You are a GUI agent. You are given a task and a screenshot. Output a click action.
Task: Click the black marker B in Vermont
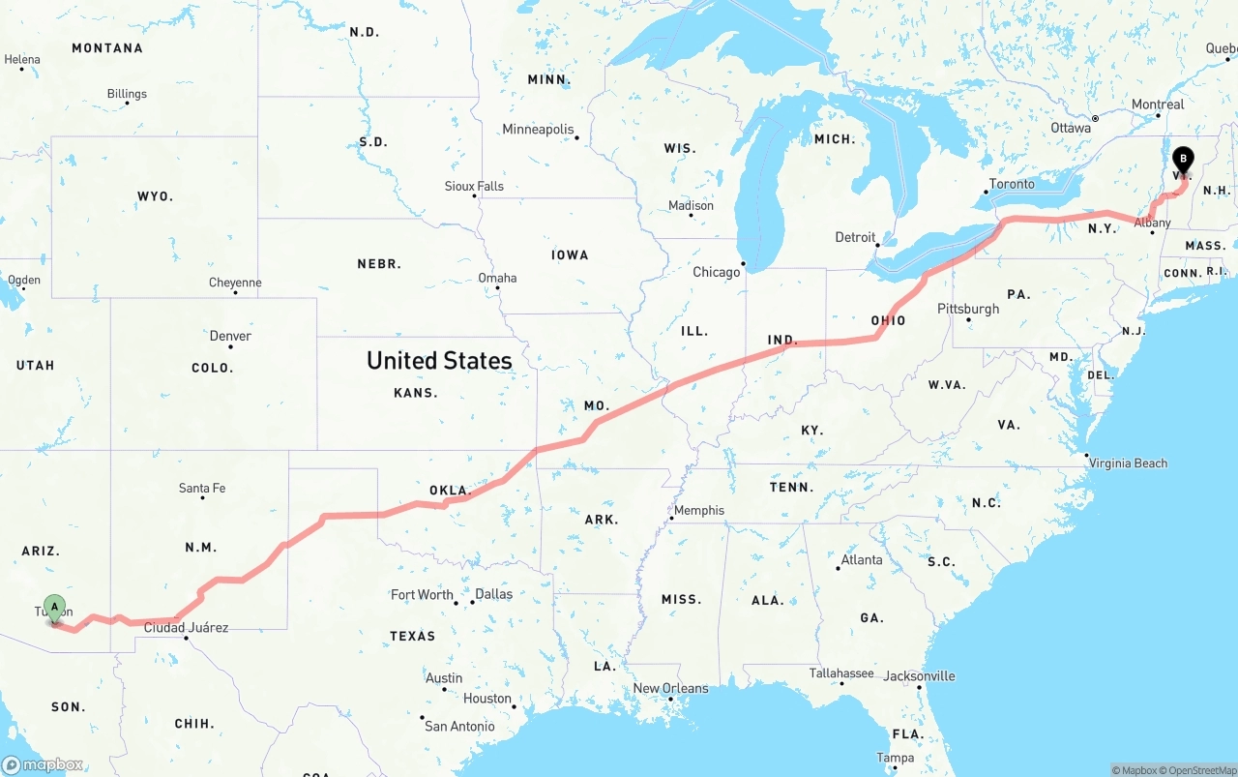coord(1183,161)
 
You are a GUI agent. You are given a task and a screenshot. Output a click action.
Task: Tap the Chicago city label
coord(716,272)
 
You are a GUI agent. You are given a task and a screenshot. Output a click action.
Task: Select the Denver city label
coord(230,336)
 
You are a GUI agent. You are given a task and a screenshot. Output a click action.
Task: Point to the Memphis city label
coord(698,510)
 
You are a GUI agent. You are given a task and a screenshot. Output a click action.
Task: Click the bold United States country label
coord(439,361)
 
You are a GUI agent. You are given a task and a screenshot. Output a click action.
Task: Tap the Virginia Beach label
coord(1128,463)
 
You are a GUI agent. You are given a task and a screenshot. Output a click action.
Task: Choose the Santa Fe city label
coord(202,488)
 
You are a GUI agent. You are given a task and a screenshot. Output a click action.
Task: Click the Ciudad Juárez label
coord(186,627)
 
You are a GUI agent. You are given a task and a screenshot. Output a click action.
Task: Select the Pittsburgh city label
coord(968,309)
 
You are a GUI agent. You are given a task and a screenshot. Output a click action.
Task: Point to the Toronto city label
coord(1012,184)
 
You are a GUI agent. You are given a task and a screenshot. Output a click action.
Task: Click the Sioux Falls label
coord(474,186)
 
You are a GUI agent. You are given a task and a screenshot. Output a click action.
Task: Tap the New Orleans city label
coord(670,688)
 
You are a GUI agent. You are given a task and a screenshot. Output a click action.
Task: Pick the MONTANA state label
coord(107,47)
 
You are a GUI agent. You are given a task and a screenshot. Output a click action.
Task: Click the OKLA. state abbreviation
coord(450,491)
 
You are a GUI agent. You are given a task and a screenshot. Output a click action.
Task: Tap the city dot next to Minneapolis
coord(577,137)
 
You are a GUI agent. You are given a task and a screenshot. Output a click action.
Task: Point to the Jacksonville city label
coord(919,675)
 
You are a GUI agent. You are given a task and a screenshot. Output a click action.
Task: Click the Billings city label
coord(127,94)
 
